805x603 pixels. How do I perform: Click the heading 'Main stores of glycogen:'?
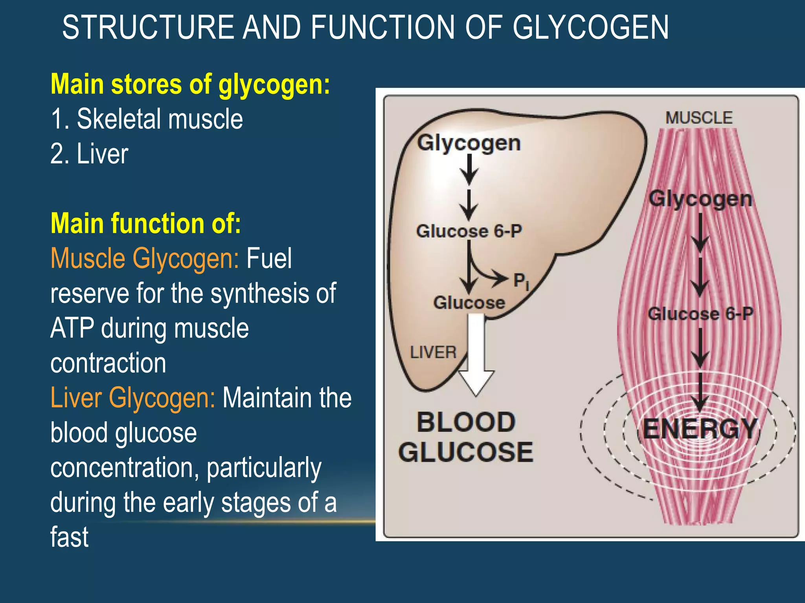coord(190,84)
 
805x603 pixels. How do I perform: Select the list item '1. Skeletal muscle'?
coord(147,119)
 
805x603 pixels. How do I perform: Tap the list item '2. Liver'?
coord(89,153)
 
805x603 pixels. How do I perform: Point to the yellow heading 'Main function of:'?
coord(145,223)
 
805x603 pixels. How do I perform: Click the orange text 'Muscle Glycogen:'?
coord(145,258)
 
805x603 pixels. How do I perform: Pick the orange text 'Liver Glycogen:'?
coord(133,398)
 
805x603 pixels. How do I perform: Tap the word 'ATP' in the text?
coord(72,328)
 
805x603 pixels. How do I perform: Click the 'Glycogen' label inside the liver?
coord(469,143)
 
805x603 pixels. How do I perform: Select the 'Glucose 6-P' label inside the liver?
coord(469,231)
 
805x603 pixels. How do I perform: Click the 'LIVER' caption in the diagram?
coord(433,352)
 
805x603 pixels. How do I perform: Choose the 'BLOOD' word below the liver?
coord(466,422)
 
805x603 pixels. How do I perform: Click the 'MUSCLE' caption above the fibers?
coord(699,118)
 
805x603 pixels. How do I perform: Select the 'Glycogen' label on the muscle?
coord(700,199)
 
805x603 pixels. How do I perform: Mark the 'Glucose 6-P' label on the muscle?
coord(700,314)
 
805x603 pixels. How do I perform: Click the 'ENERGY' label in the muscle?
coord(700,429)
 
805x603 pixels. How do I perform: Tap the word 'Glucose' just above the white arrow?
coord(469,303)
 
